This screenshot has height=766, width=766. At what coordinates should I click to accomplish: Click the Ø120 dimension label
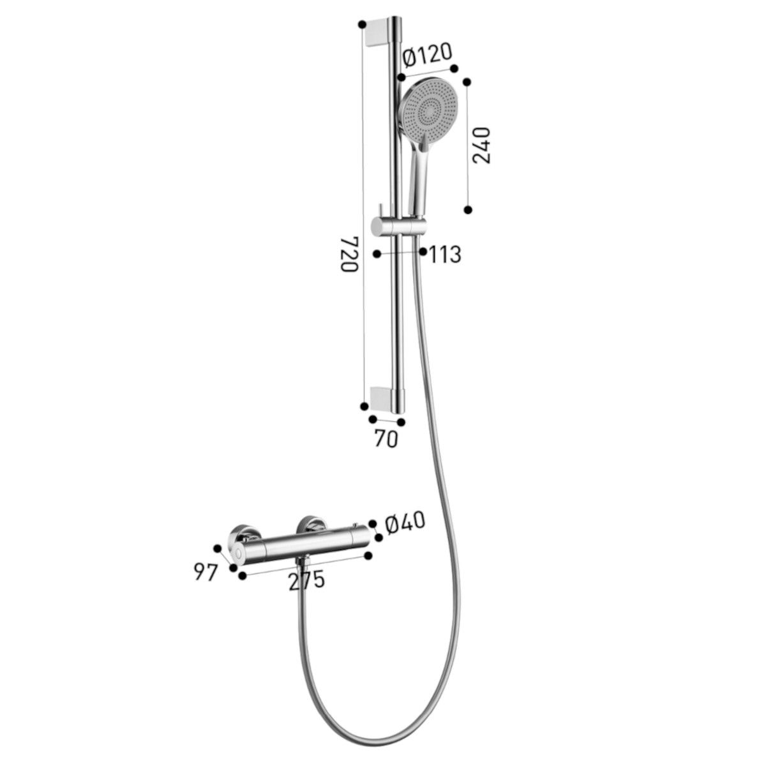pos(427,56)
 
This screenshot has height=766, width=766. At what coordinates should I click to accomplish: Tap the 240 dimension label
pos(481,145)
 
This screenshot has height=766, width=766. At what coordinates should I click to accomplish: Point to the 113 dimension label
pos(445,255)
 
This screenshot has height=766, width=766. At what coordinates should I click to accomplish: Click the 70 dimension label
pos(386,439)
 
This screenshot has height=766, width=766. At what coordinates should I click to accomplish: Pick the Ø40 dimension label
pos(405,522)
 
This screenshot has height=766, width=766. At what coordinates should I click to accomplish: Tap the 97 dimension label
pos(206,573)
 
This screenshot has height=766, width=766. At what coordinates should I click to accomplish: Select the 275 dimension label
pos(307,580)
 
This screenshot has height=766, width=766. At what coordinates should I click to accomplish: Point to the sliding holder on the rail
pos(399,227)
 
